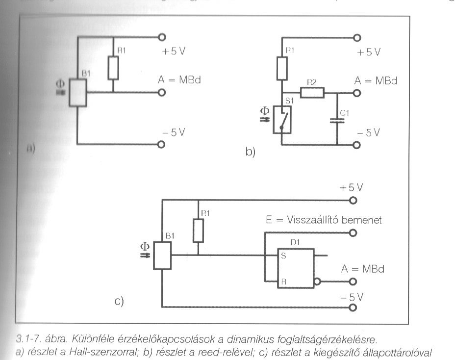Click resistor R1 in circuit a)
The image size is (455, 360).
(113, 68)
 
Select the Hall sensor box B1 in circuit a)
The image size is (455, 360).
(77, 92)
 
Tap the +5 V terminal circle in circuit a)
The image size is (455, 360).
(161, 37)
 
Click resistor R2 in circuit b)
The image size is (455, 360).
(312, 92)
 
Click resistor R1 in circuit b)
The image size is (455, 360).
(282, 68)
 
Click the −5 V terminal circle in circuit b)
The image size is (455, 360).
(357, 145)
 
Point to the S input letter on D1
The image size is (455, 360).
(283, 256)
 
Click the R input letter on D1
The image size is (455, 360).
(283, 283)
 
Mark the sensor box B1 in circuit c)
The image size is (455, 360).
(162, 256)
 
